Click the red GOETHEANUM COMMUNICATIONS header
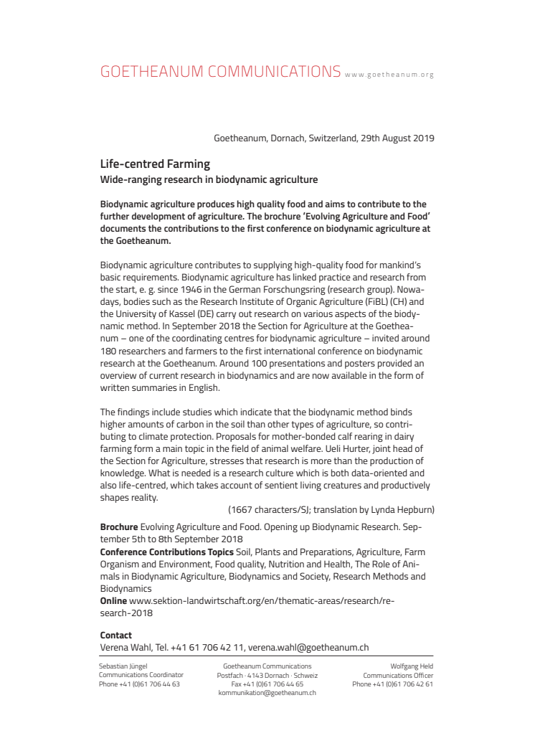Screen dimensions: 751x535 tap(220, 72)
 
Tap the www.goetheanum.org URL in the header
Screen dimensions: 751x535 tap(389, 75)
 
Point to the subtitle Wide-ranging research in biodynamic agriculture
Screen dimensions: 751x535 tap(209, 179)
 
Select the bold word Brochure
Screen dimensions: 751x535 tap(118, 526)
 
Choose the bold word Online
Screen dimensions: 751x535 tap(113, 600)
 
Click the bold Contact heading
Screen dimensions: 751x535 tap(116, 635)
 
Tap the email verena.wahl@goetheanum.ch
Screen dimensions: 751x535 tap(310, 647)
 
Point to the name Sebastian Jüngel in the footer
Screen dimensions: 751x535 tap(123, 666)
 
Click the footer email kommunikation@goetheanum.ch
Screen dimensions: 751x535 tap(267, 693)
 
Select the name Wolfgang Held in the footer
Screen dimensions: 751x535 tap(411, 666)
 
